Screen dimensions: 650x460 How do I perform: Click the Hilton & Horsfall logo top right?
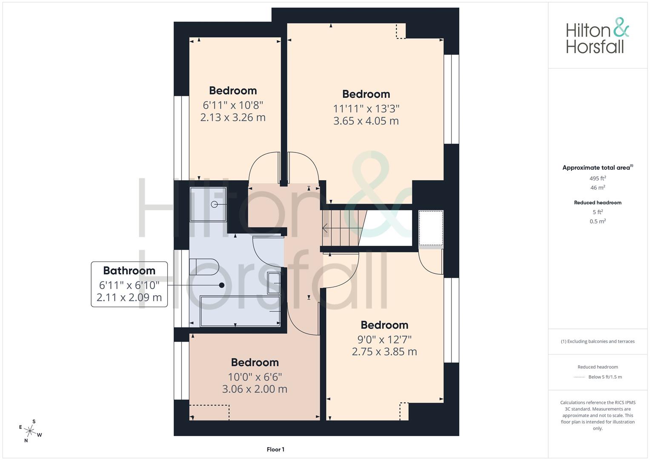(x=598, y=36)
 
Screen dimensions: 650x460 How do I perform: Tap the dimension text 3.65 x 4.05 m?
(x=366, y=121)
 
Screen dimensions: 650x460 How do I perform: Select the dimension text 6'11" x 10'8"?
(x=233, y=105)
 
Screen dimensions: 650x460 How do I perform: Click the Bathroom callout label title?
(x=129, y=270)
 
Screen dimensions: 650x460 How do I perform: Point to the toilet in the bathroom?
(x=204, y=267)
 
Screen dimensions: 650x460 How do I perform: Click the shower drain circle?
(x=214, y=204)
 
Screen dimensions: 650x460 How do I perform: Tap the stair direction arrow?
(x=342, y=228)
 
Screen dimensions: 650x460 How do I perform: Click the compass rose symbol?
(x=30, y=431)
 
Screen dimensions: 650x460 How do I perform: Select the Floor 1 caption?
(x=275, y=449)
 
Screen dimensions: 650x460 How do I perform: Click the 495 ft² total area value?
(x=598, y=178)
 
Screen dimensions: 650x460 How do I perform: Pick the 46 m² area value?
(x=598, y=187)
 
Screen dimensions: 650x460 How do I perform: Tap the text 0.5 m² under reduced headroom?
(x=598, y=221)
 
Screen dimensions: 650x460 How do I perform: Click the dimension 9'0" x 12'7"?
(x=384, y=339)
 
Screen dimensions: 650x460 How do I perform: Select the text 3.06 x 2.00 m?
(x=255, y=389)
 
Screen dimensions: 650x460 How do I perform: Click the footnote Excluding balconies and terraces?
(x=598, y=342)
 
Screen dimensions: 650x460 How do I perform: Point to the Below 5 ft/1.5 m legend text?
(x=605, y=377)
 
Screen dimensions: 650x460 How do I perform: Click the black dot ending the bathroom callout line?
(x=222, y=285)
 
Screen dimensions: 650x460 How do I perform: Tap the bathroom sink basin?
(x=274, y=283)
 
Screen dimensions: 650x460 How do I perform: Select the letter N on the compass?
(x=26, y=440)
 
